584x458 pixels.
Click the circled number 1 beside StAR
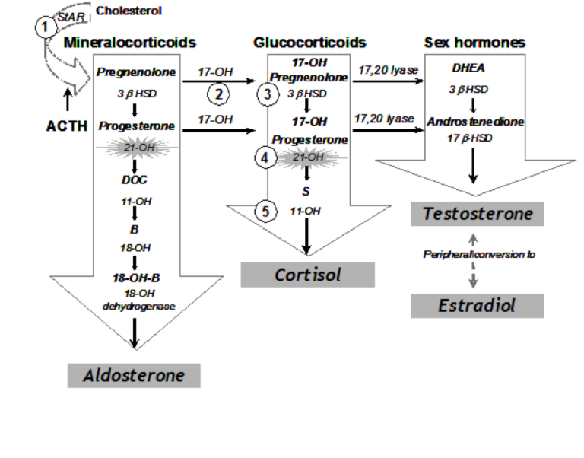[46, 27]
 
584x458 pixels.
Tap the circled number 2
[218, 94]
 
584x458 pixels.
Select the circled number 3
[268, 94]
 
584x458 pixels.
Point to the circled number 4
[265, 157]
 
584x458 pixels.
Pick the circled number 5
[265, 212]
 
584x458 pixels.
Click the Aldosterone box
[134, 375]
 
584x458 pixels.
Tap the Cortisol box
[308, 275]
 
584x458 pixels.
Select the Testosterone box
[477, 214]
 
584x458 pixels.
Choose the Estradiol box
[477, 306]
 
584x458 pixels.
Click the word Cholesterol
[129, 11]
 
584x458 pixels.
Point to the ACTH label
[67, 126]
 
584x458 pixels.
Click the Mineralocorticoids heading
[130, 43]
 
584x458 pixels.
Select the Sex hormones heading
[474, 43]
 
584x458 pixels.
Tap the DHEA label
[468, 68]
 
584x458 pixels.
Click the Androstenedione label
[475, 122]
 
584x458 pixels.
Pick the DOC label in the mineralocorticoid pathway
[135, 180]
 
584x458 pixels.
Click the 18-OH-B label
[136, 278]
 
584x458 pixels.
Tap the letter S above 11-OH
[306, 192]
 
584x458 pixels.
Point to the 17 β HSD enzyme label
[470, 138]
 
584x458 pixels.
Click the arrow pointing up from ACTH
[68, 100]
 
